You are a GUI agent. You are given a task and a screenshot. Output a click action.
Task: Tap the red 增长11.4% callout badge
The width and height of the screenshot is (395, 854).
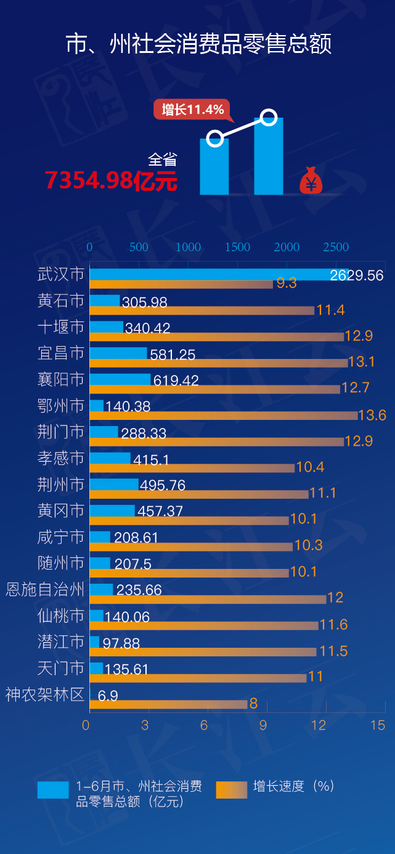tap(192, 110)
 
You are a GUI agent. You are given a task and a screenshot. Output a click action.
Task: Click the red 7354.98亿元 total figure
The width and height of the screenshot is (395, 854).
tap(111, 180)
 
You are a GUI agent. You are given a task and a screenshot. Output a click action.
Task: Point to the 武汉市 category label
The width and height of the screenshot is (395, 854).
tap(60, 274)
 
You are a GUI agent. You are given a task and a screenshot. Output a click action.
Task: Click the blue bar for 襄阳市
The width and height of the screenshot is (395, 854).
tap(120, 379)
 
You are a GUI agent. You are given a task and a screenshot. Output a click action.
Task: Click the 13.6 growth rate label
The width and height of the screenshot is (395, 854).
tap(372, 416)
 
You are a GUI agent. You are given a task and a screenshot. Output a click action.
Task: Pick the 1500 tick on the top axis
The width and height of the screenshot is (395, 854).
tap(237, 247)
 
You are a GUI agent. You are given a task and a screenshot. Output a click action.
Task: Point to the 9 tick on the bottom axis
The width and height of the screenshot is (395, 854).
tap(263, 725)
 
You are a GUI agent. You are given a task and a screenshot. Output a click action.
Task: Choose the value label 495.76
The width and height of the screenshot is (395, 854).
tap(163, 485)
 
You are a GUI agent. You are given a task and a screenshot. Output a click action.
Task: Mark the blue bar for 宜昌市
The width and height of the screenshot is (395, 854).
tap(118, 353)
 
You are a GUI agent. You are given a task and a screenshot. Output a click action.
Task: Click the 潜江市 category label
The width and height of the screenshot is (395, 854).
tap(60, 642)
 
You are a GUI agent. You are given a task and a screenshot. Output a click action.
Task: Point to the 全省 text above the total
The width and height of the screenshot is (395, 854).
tap(162, 159)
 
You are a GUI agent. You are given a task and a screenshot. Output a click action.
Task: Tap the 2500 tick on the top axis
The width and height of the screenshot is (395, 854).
tap(336, 247)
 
